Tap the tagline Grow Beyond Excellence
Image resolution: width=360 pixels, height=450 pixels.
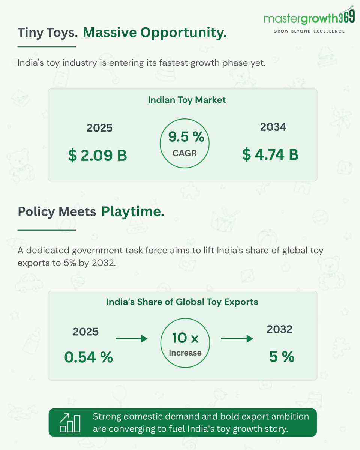click(x=309, y=31)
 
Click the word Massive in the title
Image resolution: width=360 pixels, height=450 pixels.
click(x=110, y=33)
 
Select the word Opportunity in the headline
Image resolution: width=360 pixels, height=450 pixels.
click(x=183, y=33)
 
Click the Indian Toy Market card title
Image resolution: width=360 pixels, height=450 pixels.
click(x=187, y=100)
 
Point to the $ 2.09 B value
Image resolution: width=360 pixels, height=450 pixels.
click(x=97, y=155)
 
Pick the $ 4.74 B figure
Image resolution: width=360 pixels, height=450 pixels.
click(x=270, y=154)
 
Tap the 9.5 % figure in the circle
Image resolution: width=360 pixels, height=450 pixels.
click(x=186, y=137)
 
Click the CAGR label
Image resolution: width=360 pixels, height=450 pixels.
click(x=184, y=153)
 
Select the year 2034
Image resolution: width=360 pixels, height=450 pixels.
click(x=273, y=127)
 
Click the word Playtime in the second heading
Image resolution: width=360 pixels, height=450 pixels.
click(x=133, y=212)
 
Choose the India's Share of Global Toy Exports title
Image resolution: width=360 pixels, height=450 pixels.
click(x=182, y=302)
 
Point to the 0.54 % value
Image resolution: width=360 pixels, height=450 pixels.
click(x=88, y=357)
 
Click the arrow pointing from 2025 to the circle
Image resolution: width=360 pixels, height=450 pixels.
click(x=132, y=339)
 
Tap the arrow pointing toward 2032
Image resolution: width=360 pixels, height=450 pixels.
click(x=237, y=339)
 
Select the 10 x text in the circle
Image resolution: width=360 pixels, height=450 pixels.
click(x=185, y=338)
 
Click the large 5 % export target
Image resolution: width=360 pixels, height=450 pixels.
click(x=282, y=357)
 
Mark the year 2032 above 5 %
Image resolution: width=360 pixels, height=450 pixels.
click(x=279, y=329)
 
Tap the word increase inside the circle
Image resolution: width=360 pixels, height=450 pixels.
click(x=185, y=353)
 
